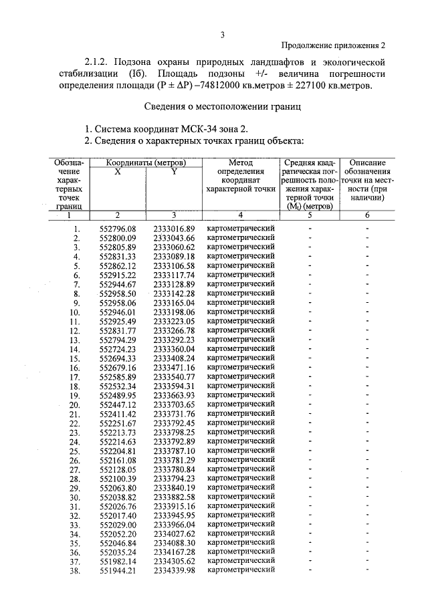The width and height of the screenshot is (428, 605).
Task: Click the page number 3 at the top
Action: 222,35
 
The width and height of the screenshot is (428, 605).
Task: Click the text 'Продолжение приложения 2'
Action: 334,45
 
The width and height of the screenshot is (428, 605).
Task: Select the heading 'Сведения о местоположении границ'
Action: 224,106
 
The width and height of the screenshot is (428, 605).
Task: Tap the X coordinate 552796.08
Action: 117,229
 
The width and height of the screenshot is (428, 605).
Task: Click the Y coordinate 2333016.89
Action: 174,229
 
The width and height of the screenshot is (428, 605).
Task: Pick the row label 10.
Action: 75,312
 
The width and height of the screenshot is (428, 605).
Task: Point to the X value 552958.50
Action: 117,293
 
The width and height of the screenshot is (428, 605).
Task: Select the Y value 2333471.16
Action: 174,367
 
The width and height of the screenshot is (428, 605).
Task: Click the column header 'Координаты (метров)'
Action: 146,162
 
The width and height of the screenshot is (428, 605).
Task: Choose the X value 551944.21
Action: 117,570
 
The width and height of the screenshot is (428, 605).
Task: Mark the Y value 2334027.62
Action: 174,533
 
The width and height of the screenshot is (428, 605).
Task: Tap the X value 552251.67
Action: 117,422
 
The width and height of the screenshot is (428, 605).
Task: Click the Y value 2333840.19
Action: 174,487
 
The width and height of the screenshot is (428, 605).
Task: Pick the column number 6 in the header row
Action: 366,215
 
